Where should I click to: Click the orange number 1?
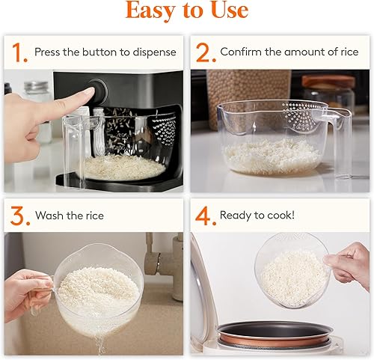[18, 52]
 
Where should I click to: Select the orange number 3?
[18, 216]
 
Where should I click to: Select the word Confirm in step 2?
[242, 52]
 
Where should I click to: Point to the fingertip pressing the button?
[88, 95]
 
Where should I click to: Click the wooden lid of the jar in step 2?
[328, 81]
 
